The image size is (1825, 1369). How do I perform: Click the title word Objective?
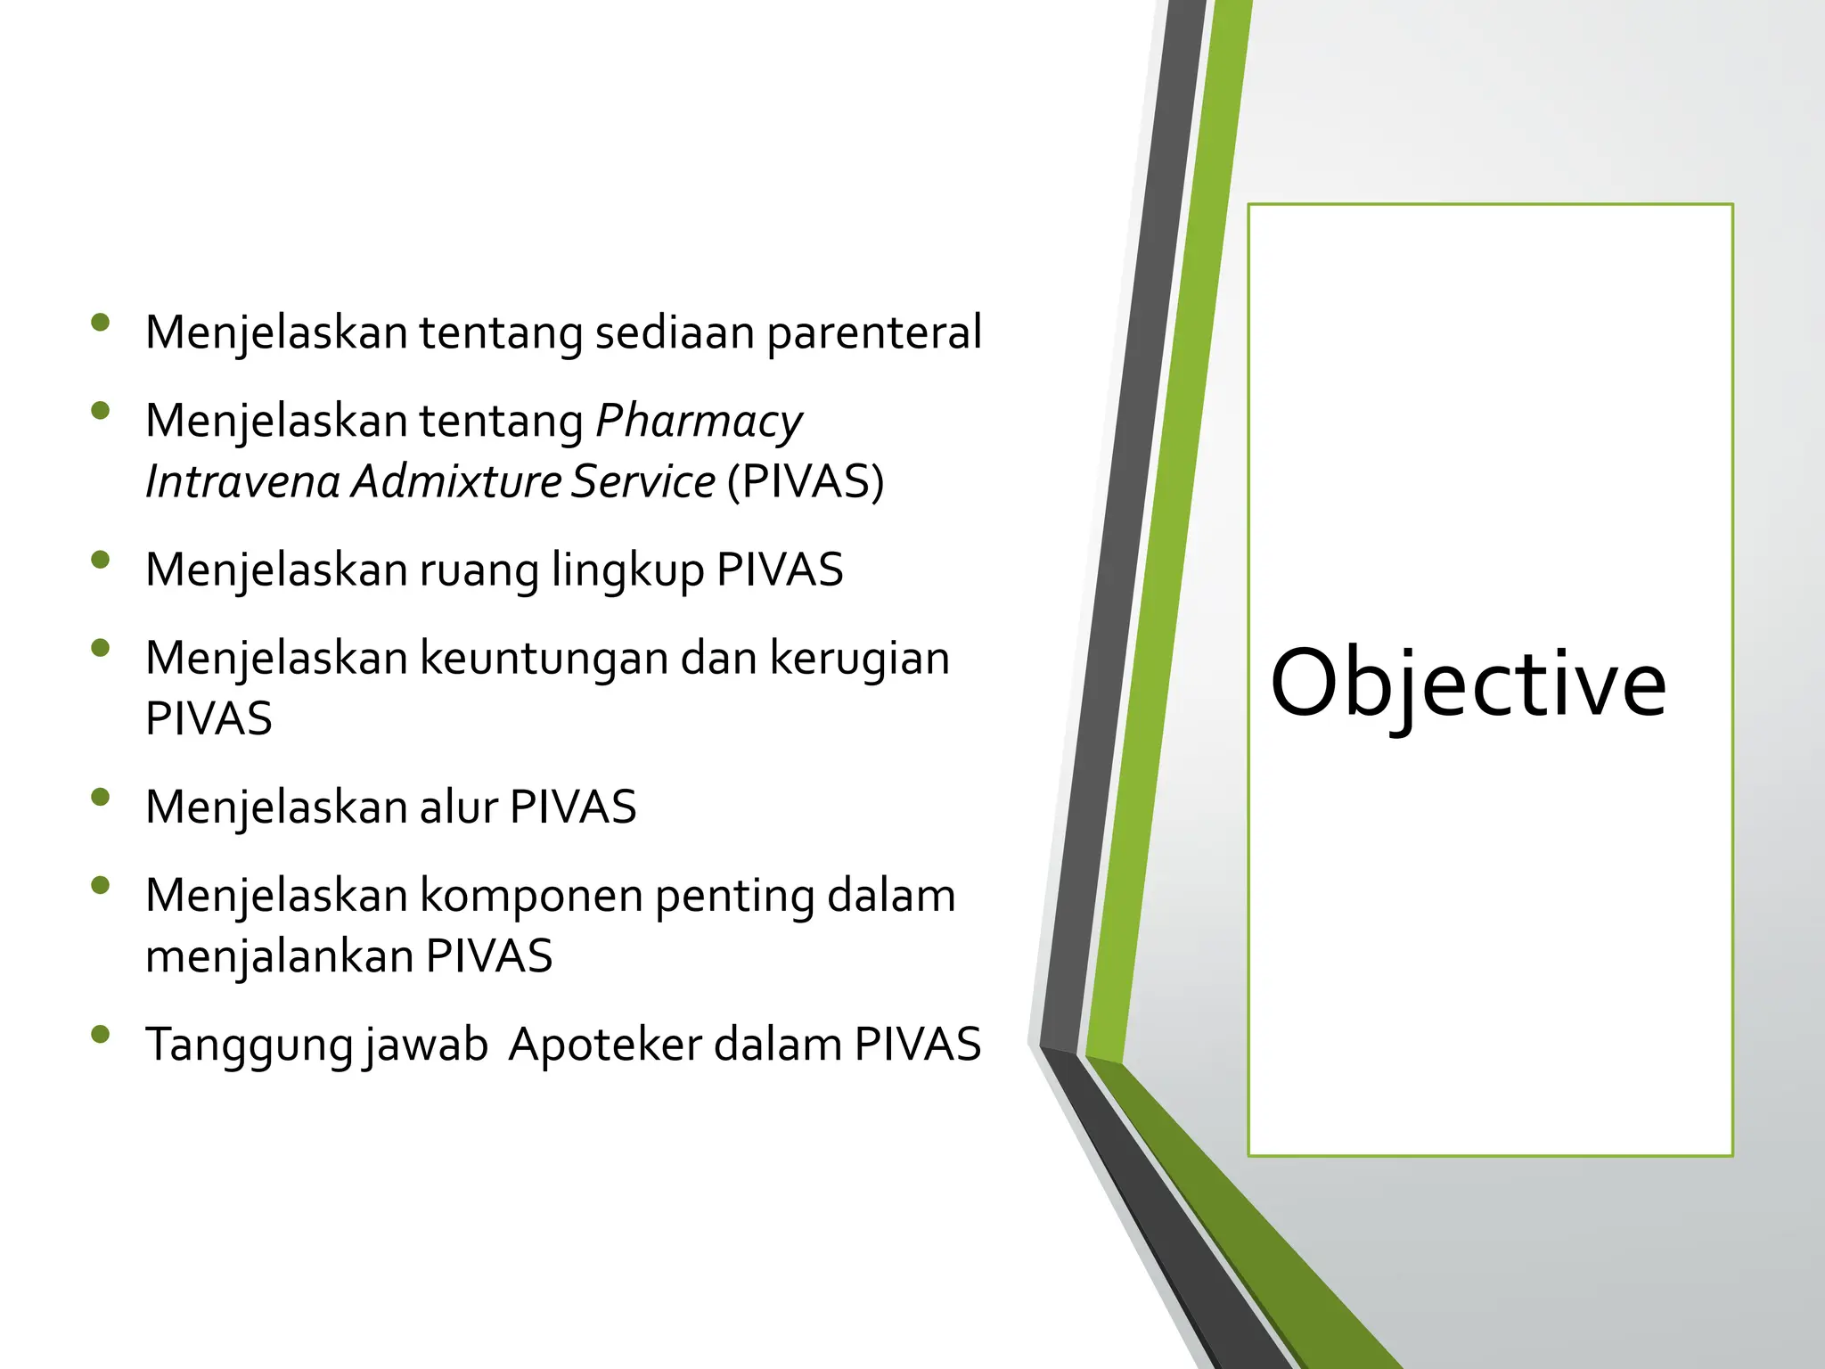coord(1468,684)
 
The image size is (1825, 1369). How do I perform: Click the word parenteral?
coord(873,332)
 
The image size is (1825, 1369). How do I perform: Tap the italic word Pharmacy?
coord(699,421)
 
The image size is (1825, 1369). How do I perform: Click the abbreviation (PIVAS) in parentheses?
coord(805,481)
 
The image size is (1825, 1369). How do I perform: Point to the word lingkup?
coord(627,570)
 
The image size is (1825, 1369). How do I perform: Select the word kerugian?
coord(859,658)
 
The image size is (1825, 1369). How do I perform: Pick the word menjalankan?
coord(279,956)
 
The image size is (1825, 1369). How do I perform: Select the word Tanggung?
coord(250,1045)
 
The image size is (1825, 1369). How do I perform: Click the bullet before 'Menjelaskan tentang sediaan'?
coord(100,323)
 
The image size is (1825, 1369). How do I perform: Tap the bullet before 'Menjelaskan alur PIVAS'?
coord(100,797)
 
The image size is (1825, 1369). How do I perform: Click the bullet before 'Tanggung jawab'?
coord(100,1034)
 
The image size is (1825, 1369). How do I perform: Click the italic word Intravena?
coord(242,481)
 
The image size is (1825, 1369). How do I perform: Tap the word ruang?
coord(479,570)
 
